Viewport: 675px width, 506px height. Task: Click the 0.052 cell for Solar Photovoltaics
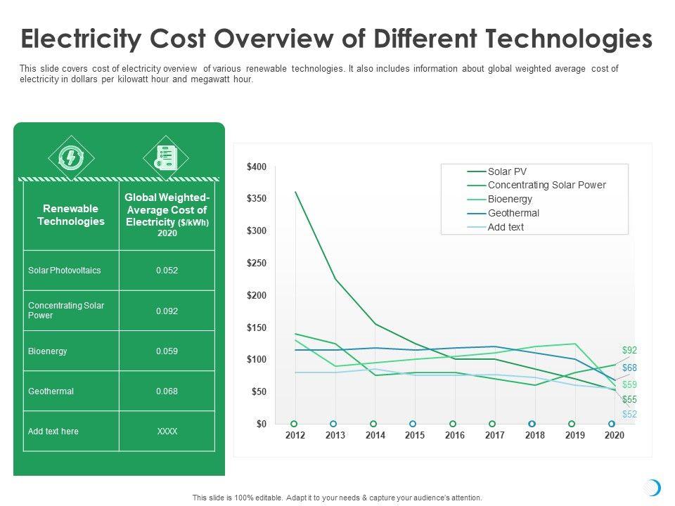[167, 271]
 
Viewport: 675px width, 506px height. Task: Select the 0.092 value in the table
[167, 311]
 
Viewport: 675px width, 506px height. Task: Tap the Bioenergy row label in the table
[48, 351]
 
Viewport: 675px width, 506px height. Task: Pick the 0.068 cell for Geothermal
[167, 391]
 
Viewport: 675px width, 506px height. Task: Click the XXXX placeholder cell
[167, 431]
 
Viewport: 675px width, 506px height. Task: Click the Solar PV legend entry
[507, 171]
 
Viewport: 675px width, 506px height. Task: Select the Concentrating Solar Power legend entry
[546, 185]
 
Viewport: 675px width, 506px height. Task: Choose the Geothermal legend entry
[513, 213]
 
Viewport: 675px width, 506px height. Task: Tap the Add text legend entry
[506, 227]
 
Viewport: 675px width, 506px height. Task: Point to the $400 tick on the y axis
[257, 167]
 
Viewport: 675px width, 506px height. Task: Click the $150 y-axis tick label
[257, 327]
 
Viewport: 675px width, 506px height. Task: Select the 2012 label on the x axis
[295, 436]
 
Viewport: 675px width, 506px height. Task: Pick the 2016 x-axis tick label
[455, 436]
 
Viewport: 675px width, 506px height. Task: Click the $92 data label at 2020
[629, 350]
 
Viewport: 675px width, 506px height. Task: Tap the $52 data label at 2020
[629, 414]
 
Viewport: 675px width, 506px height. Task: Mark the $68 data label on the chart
[629, 368]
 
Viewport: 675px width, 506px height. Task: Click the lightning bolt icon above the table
[70, 157]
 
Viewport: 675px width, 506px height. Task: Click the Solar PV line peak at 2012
[295, 192]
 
